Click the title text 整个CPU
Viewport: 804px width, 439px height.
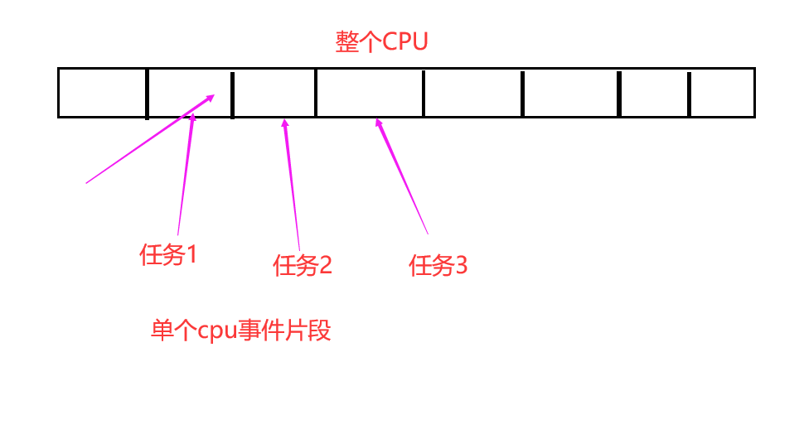(x=381, y=41)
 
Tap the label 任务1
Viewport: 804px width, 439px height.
(x=168, y=254)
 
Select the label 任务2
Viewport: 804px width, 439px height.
(x=302, y=265)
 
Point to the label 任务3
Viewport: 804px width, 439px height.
(x=438, y=265)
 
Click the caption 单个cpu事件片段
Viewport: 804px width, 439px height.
(x=240, y=330)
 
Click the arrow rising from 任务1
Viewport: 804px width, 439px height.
(x=186, y=174)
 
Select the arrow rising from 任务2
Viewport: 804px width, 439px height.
(x=292, y=185)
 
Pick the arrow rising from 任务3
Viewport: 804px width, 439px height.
(x=402, y=176)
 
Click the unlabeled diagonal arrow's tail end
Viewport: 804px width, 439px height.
(x=86, y=183)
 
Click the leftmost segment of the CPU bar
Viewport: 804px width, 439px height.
(x=103, y=93)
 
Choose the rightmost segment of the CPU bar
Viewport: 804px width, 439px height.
(x=722, y=93)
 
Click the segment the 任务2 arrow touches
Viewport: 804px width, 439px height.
(x=274, y=93)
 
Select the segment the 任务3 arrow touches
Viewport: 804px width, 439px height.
(x=370, y=93)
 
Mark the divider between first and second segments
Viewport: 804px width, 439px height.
(x=148, y=94)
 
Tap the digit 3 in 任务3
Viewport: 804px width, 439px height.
(x=462, y=265)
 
